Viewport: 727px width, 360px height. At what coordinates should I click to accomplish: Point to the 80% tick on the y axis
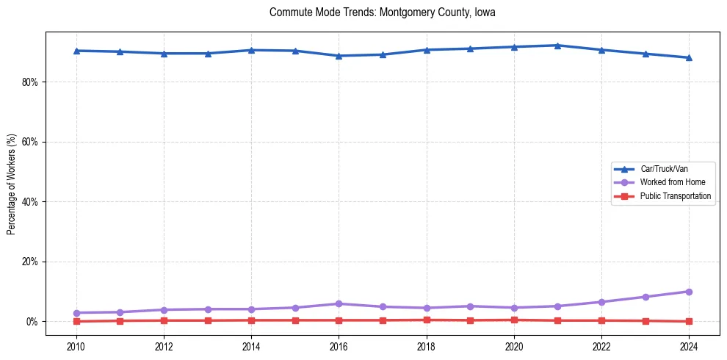coord(29,82)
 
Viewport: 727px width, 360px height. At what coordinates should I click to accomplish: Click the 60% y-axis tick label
coord(29,142)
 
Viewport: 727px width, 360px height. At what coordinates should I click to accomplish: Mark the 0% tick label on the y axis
coord(32,322)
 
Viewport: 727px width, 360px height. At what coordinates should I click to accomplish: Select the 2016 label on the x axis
coord(339,347)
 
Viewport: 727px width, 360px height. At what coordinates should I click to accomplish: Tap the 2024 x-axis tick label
coord(689,347)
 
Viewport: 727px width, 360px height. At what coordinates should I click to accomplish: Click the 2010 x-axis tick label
coord(76,347)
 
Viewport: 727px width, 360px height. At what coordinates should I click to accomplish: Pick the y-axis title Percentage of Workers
coord(12,184)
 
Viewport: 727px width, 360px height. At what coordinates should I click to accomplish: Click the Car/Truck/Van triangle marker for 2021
coord(557,46)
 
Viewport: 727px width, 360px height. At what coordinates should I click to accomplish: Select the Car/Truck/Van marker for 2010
coord(76,51)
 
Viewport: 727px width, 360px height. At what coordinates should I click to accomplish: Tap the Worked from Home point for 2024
coord(689,292)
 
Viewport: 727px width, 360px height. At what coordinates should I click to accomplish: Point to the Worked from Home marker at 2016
coord(339,303)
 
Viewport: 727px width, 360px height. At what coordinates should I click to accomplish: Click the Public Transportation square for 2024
coord(689,321)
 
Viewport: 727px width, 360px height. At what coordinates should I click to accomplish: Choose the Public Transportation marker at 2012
coord(164,320)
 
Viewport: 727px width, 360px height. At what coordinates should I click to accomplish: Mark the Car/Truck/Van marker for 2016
coord(339,56)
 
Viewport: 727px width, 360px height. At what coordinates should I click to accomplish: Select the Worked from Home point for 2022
coord(601,302)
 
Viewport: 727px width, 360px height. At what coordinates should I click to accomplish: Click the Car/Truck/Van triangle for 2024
coord(689,57)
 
